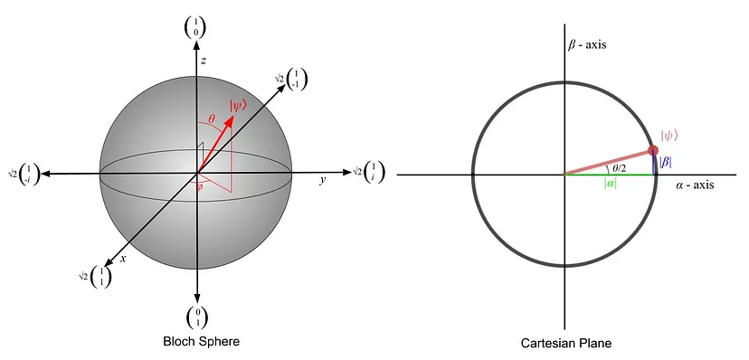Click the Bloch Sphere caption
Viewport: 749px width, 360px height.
pyautogui.click(x=202, y=342)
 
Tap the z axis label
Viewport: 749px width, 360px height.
pyautogui.click(x=205, y=60)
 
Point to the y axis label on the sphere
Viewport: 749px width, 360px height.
pyautogui.click(x=322, y=181)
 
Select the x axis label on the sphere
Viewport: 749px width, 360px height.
pyautogui.click(x=122, y=259)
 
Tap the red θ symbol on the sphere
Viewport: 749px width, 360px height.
pyautogui.click(x=212, y=117)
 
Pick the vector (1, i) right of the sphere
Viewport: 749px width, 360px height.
pyautogui.click(x=371, y=171)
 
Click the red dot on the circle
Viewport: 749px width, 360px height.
pyautogui.click(x=653, y=150)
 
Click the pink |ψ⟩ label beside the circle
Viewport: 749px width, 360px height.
pyautogui.click(x=669, y=137)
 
